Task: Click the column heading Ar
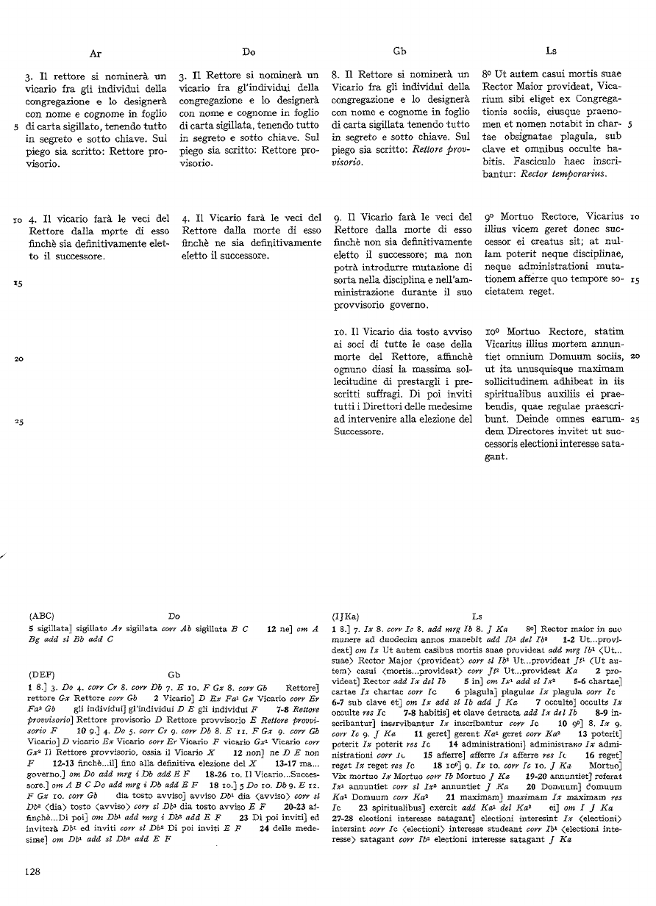tap(96, 53)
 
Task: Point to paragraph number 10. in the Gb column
tap(340, 335)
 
